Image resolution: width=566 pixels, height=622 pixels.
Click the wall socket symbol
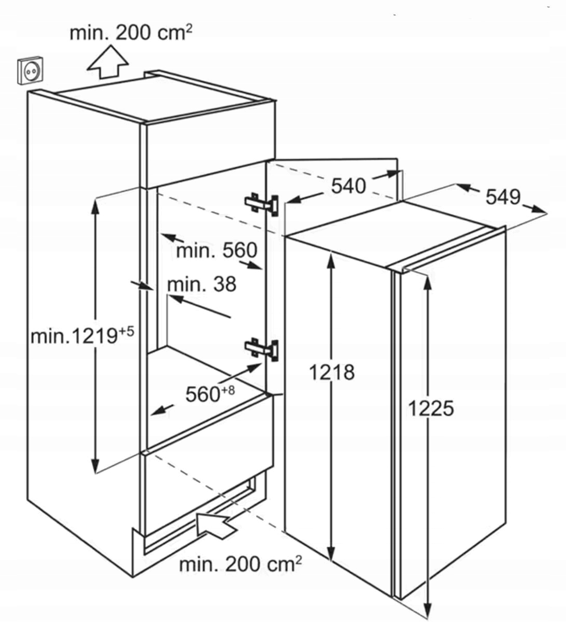pos(32,71)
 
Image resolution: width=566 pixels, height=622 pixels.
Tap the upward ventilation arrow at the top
pos(107,61)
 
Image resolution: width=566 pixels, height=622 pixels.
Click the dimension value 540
pos(348,186)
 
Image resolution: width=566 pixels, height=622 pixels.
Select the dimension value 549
pos(503,196)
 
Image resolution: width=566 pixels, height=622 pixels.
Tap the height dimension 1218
pos(332,372)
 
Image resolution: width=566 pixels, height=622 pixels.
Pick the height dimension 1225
pos(431,408)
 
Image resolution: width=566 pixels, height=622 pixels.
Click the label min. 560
pos(217,251)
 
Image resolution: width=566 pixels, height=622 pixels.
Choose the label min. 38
pos(202,284)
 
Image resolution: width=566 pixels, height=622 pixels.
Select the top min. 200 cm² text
pos(131,33)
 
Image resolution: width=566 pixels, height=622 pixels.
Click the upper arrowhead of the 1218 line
pos(331,255)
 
